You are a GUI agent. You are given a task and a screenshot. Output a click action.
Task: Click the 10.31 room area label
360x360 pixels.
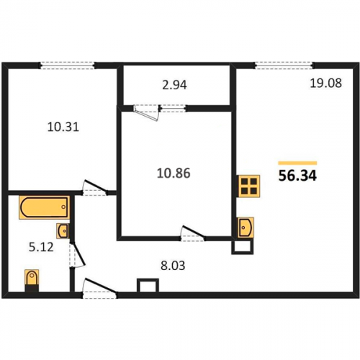[63, 127]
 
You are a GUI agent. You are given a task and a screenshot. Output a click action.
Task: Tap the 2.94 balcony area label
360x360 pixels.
[174, 85]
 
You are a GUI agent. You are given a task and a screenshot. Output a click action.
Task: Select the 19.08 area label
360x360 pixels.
[326, 84]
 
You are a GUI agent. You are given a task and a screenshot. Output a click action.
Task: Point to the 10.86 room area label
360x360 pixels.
[174, 174]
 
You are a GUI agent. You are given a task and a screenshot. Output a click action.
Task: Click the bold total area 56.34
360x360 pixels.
[297, 176]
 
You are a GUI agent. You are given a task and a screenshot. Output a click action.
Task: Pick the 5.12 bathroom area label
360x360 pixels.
[41, 247]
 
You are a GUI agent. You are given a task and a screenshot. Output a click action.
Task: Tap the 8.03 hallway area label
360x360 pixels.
[173, 266]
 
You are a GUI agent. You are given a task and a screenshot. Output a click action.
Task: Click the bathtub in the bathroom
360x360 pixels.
[45, 207]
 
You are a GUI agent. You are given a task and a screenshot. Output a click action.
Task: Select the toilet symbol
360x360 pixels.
[32, 280]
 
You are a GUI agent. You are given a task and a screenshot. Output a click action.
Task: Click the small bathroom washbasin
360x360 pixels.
[63, 231]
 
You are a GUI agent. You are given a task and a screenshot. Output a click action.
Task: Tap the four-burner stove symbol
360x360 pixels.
[248, 186]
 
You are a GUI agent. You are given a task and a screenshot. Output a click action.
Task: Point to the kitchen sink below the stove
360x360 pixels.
[246, 228]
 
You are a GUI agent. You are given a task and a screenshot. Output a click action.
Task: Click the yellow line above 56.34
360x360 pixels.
[297, 163]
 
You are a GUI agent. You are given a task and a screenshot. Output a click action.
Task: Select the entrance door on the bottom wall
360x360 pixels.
[100, 288]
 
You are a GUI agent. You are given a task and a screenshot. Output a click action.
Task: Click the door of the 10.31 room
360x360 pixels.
[95, 188]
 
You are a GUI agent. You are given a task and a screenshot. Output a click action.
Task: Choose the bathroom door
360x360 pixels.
[77, 255]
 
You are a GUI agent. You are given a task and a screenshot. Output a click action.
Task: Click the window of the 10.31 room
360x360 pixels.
[67, 66]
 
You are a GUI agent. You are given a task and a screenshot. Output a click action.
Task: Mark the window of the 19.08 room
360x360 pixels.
[284, 66]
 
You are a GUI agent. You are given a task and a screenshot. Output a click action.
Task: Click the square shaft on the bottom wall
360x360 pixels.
[148, 285]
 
